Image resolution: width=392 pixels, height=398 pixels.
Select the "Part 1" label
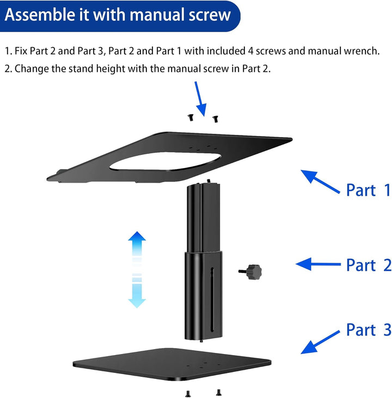click(368, 190)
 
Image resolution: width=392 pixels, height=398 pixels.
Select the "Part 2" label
click(368, 265)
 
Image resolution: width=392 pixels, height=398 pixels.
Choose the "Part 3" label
click(368, 329)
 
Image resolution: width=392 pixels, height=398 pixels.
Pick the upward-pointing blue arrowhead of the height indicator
click(137, 239)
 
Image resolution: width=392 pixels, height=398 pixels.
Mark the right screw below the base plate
click(218, 391)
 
